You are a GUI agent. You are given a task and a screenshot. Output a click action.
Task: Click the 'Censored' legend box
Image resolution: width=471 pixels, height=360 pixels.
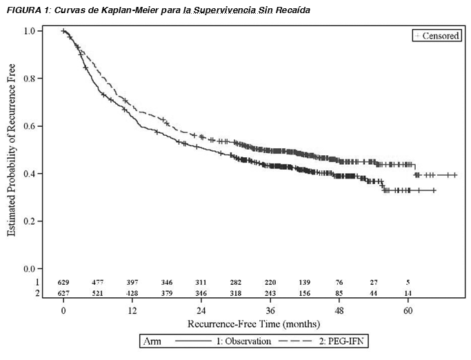(x=437, y=36)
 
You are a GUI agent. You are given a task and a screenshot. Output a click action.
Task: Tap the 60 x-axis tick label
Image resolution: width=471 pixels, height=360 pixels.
(x=408, y=310)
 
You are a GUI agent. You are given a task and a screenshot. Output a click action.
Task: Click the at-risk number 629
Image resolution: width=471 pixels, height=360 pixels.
(x=63, y=283)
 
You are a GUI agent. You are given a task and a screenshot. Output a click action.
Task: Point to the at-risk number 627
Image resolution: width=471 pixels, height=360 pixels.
(x=63, y=293)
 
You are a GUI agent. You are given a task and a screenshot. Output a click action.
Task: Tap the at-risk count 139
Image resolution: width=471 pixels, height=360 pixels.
(x=305, y=283)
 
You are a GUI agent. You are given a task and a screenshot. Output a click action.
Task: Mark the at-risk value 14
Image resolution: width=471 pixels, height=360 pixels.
(x=408, y=293)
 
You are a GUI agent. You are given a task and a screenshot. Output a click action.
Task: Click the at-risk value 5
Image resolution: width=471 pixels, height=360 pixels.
(x=408, y=283)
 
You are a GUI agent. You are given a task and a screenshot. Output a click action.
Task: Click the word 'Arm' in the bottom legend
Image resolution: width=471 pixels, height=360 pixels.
(x=150, y=341)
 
